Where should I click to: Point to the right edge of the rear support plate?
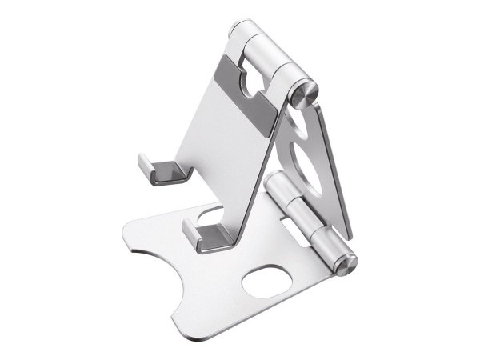(x=341, y=176)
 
